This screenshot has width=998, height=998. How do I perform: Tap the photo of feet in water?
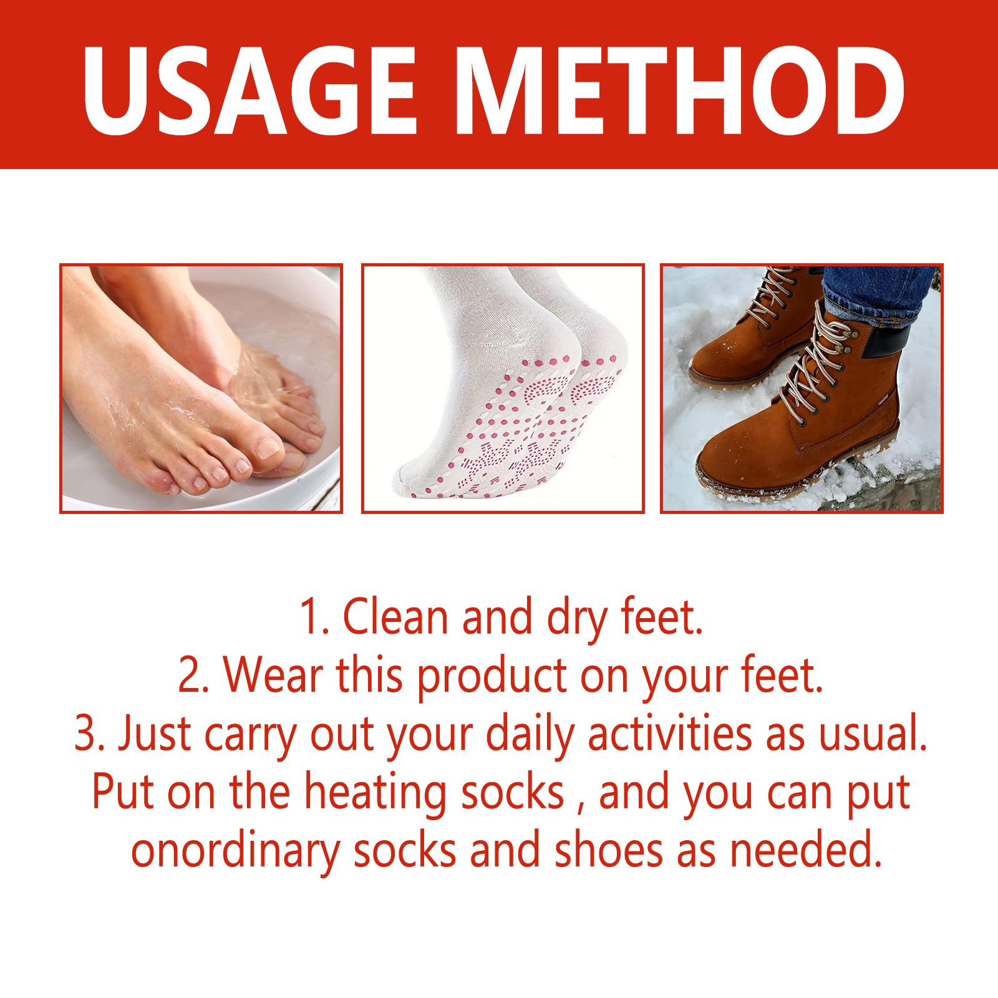201,388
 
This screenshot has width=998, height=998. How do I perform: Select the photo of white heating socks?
503,388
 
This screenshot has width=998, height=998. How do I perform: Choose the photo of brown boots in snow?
802,388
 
